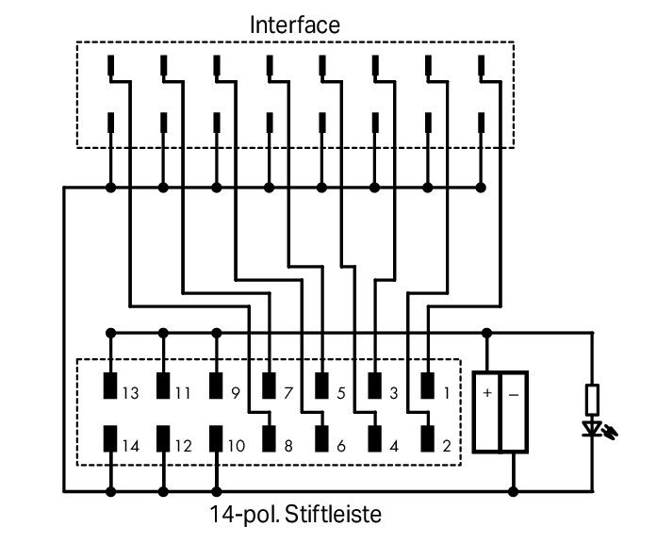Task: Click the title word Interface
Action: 295,25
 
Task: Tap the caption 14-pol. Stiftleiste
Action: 295,515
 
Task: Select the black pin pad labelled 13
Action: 110,386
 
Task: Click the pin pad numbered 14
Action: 110,438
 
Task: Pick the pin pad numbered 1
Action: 427,386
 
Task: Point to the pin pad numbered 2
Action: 427,438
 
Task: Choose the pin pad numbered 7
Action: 269,386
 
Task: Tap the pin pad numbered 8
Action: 269,438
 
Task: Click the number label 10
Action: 236,446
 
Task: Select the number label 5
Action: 341,393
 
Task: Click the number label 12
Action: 184,446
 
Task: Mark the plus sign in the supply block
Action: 487,392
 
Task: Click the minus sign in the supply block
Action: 514,395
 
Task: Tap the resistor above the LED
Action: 593,400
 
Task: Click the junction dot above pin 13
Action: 110,334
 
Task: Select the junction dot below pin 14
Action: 110,491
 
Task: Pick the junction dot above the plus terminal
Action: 487,334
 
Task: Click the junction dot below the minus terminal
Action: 514,491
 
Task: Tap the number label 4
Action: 394,446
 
